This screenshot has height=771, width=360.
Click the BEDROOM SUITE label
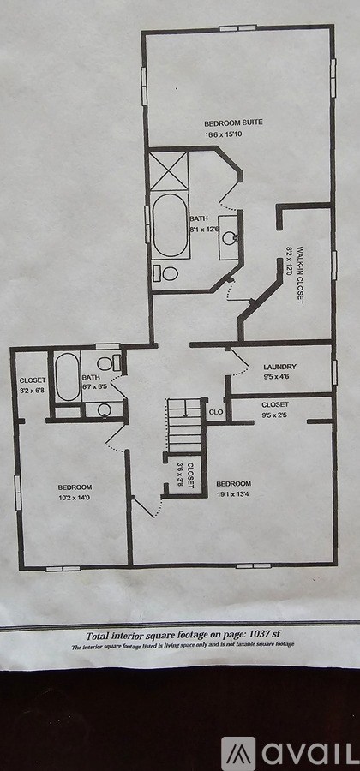233,123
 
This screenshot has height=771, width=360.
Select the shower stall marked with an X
169,170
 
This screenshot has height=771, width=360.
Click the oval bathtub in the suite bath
169,225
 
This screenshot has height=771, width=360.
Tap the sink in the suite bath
230,237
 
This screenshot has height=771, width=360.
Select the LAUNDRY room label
280,367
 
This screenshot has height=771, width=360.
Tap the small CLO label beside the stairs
217,412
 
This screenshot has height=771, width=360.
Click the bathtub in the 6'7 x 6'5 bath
67,378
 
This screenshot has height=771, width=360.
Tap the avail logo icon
238,753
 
